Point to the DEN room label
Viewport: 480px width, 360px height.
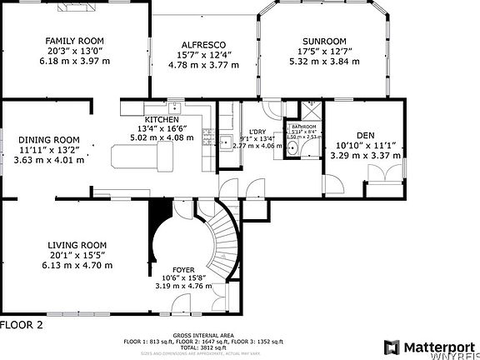[x=364, y=135]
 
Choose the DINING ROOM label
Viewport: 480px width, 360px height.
[x=49, y=139]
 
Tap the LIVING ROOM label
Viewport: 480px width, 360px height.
[x=76, y=245]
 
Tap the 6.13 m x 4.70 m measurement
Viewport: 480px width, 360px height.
[x=76, y=265]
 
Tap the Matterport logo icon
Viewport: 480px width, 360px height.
[x=392, y=346]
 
